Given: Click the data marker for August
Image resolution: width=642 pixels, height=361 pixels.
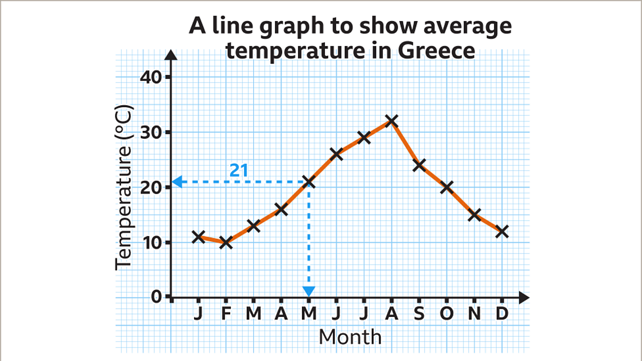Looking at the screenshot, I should [392, 121].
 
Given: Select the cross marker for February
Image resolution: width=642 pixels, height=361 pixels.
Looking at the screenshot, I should [226, 243].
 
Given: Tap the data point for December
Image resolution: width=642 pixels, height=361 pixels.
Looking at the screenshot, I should [502, 232].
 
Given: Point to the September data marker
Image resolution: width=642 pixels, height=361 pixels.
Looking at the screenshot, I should [419, 164].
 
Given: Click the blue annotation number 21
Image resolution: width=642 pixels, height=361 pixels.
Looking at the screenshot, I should [239, 171].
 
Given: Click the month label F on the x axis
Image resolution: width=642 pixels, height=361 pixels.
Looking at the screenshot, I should [226, 314].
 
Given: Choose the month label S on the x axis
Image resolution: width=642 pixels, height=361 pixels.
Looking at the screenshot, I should [419, 314].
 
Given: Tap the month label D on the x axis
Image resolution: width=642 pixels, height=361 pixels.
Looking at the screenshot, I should [502, 314].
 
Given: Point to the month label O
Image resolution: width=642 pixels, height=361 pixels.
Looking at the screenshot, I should [447, 314].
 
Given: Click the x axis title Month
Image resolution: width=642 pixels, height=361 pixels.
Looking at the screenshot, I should [350, 337].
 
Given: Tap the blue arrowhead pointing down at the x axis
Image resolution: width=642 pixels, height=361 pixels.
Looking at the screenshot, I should [309, 291].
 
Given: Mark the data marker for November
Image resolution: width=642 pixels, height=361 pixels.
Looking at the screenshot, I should [474, 215].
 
